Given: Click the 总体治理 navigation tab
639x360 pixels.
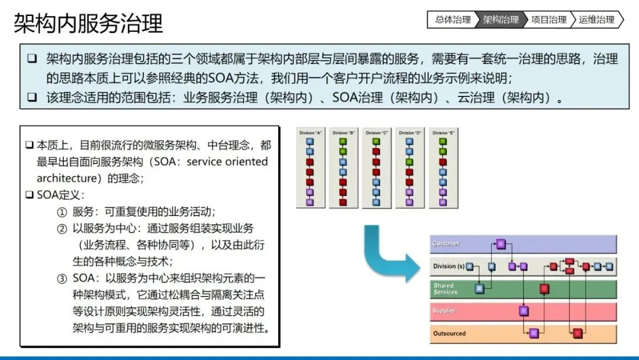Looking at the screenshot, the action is pyautogui.click(x=453, y=20).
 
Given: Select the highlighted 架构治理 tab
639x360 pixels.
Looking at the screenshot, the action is pyautogui.click(x=501, y=20).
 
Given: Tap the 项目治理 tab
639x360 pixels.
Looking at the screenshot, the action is pyautogui.click(x=548, y=20).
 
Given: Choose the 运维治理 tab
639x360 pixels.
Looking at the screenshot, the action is pyautogui.click(x=596, y=20).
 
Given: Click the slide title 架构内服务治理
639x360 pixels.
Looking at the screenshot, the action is pyautogui.click(x=88, y=24).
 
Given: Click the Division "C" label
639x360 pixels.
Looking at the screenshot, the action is pyautogui.click(x=376, y=133).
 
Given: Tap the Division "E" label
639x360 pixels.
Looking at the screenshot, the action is pyautogui.click(x=443, y=133).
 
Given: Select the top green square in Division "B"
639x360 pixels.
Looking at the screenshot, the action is pyautogui.click(x=343, y=141).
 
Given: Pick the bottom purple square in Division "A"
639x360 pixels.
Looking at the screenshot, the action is pyautogui.click(x=309, y=202).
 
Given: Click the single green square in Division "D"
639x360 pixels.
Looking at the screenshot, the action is pyautogui.click(x=409, y=162).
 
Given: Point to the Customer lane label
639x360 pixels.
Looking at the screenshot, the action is pyautogui.click(x=446, y=244).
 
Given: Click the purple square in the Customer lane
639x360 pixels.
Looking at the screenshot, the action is pyautogui.click(x=501, y=244).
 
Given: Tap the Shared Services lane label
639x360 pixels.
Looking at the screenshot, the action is pyautogui.click(x=446, y=289).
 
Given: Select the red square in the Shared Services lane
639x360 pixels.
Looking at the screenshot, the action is pyautogui.click(x=544, y=289).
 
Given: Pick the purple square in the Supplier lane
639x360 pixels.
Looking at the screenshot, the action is pyautogui.click(x=524, y=311).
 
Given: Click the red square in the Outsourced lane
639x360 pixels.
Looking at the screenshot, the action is pyautogui.click(x=578, y=333).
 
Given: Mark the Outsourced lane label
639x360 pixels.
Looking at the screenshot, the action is pyautogui.click(x=449, y=333).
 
